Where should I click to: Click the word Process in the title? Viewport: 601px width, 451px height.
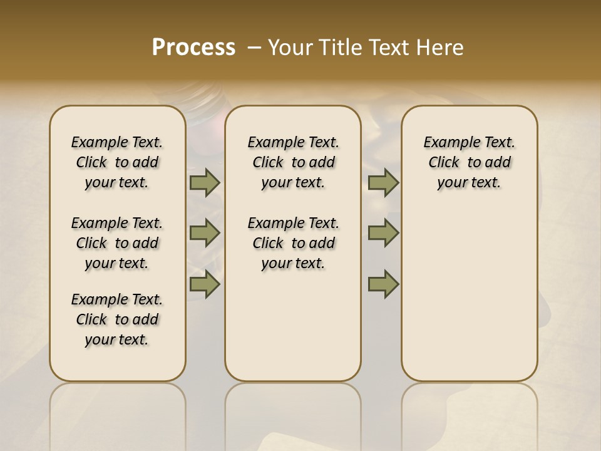tap(193, 48)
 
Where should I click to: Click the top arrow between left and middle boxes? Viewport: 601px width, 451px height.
tap(205, 183)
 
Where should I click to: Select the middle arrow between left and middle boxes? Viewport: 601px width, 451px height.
tap(205, 233)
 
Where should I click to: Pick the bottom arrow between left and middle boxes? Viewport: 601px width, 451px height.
tap(205, 284)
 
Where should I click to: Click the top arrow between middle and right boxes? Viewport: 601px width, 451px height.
tap(383, 183)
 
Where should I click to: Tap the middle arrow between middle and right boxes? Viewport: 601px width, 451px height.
tap(383, 233)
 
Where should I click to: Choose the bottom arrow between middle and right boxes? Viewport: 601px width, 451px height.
tap(383, 284)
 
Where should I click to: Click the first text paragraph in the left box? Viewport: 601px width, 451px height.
tap(117, 162)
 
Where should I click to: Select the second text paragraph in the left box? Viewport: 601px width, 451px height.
tap(117, 243)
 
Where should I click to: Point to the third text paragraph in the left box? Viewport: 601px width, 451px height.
tap(117, 319)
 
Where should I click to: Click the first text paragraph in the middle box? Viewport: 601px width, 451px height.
tap(293, 162)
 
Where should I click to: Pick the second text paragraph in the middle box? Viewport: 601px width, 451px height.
tap(293, 243)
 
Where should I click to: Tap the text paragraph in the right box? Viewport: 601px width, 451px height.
tap(469, 162)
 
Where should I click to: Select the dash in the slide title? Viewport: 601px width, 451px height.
tap(254, 48)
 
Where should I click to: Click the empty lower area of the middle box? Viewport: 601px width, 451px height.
tap(293, 332)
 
